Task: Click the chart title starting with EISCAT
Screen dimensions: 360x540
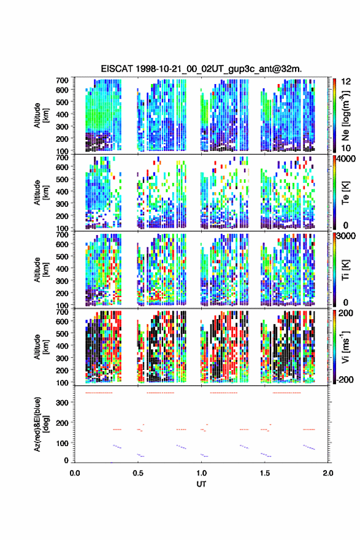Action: [201, 69]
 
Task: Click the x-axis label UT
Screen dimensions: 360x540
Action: [201, 484]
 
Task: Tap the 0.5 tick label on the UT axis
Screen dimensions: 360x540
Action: [138, 473]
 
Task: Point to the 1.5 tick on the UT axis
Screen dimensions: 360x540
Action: [265, 473]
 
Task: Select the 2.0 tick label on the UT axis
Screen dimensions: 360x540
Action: [328, 473]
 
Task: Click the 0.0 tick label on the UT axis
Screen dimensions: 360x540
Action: [75, 473]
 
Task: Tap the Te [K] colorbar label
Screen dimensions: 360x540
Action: [345, 193]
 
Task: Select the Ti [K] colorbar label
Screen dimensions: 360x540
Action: [345, 271]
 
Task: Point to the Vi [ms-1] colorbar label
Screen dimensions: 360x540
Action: [345, 347]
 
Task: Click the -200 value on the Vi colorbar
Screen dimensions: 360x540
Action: [345, 379]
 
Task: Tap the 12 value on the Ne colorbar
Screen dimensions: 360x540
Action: [346, 82]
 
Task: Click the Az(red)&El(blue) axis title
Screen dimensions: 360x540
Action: [41, 424]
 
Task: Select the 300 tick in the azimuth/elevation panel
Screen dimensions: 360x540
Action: [62, 403]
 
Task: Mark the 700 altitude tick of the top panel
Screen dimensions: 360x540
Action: [62, 80]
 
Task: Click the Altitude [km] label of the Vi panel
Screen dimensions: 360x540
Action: [41, 347]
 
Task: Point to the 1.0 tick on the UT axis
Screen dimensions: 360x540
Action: [201, 473]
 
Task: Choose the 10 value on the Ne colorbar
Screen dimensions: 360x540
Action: [346, 148]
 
